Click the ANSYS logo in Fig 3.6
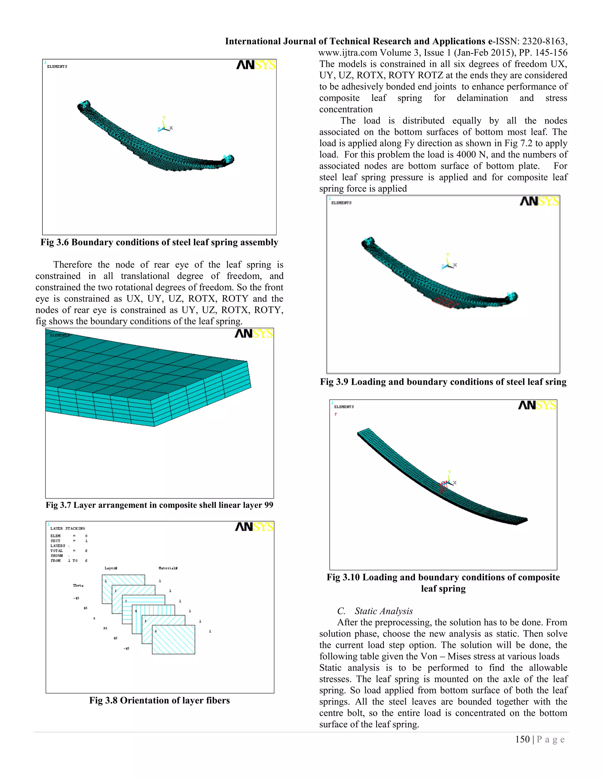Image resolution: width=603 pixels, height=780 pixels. (256, 65)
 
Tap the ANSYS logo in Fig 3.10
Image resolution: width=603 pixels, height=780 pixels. (537, 405)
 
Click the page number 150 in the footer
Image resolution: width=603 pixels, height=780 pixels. (522, 739)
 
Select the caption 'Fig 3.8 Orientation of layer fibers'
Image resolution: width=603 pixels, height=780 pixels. (159, 700)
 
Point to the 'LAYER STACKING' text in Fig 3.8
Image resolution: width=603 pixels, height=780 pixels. (67, 528)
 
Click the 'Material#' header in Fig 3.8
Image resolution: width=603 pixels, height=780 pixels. (168, 568)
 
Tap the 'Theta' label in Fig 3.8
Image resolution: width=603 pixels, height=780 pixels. (78, 585)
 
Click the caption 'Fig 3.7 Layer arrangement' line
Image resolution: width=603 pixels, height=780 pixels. (159, 505)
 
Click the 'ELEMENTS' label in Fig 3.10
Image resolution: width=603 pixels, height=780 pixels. (344, 407)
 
